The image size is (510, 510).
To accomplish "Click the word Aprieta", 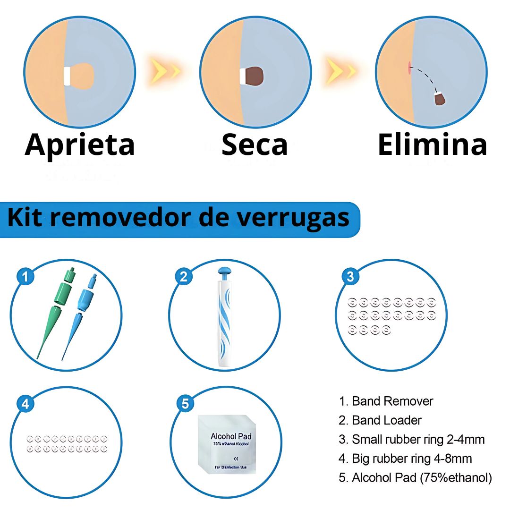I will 80,144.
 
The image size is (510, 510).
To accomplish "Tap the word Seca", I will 255,144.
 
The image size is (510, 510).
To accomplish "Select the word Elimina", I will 432,144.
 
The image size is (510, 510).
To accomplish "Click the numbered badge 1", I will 25,277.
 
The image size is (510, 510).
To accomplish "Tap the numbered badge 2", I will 184,277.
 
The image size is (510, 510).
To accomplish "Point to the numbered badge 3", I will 350,277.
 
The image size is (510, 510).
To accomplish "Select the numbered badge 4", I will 25,404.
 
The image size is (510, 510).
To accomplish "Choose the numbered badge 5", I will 185,404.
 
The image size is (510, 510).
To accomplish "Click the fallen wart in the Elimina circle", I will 439,98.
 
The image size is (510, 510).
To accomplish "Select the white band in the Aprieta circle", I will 67,76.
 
